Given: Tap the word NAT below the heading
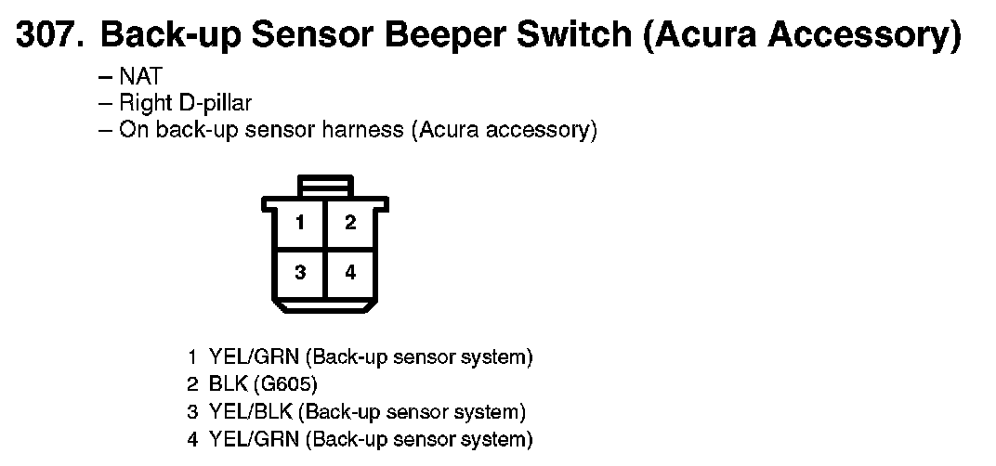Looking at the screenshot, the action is (139, 76).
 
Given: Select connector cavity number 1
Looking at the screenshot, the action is (300, 223).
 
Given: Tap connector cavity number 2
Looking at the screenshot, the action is (350, 223).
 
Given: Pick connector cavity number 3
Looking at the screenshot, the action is (300, 272).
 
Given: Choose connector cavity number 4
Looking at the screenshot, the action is (350, 272).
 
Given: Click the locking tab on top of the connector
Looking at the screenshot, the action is (325, 186).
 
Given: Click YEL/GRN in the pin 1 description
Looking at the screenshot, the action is (254, 357).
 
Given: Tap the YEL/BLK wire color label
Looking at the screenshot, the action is (250, 412).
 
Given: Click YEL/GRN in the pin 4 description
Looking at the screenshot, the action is (254, 439).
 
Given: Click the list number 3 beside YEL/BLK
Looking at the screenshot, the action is (192, 412).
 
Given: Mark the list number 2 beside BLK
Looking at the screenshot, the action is (192, 384).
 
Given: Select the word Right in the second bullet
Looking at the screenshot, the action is (142, 104).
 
